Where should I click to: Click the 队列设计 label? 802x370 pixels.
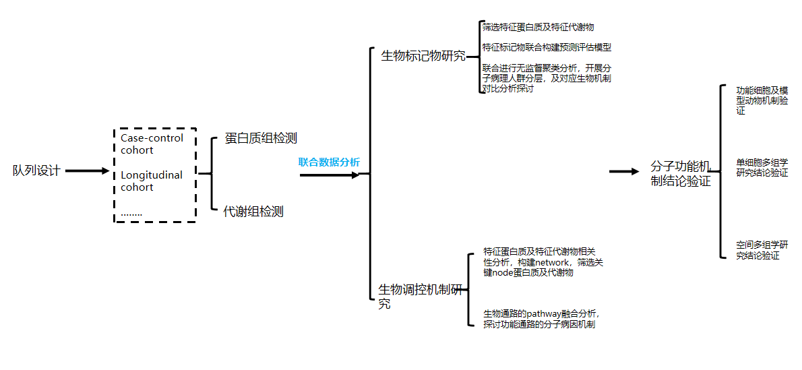pyautogui.click(x=36, y=171)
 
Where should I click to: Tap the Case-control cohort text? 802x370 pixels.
pyautogui.click(x=152, y=144)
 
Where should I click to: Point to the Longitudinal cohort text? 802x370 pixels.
pyautogui.click(x=152, y=181)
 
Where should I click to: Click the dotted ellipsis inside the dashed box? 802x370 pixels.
pyautogui.click(x=131, y=214)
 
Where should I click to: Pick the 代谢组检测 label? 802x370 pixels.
pyautogui.click(x=253, y=212)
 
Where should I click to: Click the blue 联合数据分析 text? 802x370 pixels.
pyautogui.click(x=330, y=162)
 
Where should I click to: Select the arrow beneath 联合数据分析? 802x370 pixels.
pyautogui.click(x=330, y=175)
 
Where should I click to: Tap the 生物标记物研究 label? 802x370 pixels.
pyautogui.click(x=423, y=56)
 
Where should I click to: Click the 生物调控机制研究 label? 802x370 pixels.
pyautogui.click(x=422, y=297)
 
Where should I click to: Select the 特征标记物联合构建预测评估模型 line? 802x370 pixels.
pyautogui.click(x=547, y=48)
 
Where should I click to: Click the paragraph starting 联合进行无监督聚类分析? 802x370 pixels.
pyautogui.click(x=547, y=78)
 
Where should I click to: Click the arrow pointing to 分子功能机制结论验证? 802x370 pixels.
pyautogui.click(x=625, y=172)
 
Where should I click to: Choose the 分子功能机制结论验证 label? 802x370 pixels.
pyautogui.click(x=681, y=173)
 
